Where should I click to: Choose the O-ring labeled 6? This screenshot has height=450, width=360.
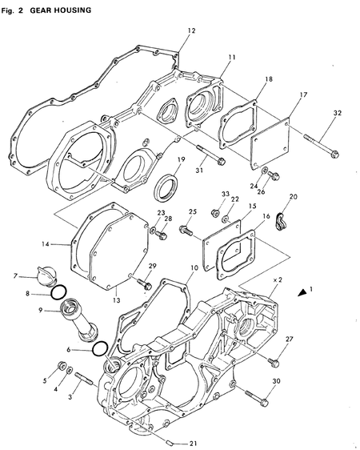(x=100, y=348)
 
